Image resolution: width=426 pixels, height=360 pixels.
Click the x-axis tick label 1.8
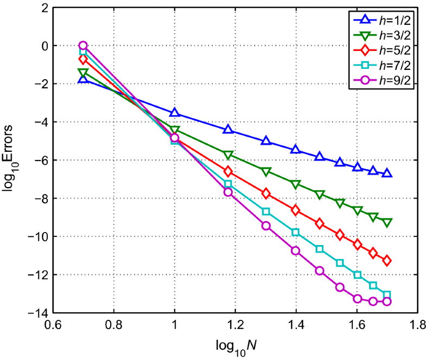click(417, 326)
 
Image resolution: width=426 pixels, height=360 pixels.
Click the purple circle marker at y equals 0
click(83, 46)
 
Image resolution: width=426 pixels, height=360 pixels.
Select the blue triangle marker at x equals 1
click(175, 112)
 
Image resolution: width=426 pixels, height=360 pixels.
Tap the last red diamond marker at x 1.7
click(387, 261)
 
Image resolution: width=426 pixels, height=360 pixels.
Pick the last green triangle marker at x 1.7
click(387, 222)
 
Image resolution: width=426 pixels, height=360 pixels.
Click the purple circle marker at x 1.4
click(296, 250)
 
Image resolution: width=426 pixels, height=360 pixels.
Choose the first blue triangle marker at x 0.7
click(83, 79)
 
